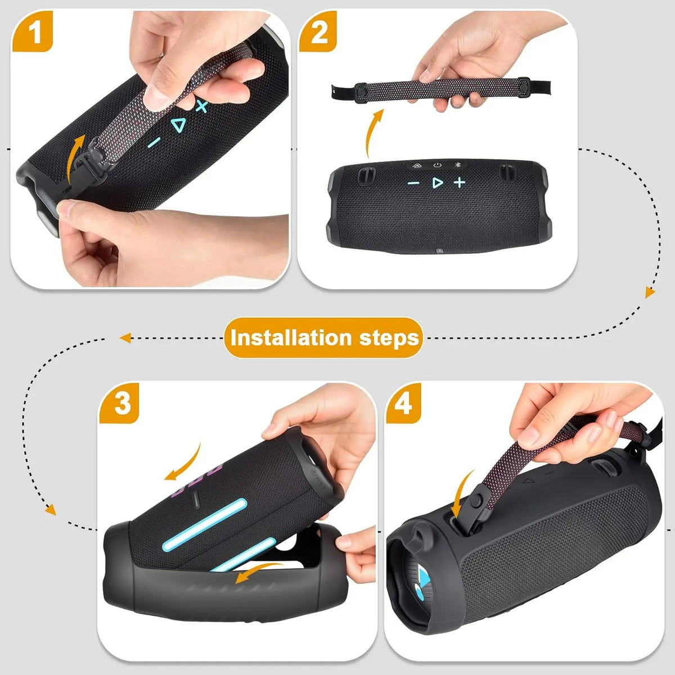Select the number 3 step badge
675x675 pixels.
tap(119, 403)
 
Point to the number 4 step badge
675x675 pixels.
tap(403, 403)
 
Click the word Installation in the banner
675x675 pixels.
tap(290, 338)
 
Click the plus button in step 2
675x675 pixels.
tap(459, 182)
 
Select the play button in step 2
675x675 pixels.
tap(437, 182)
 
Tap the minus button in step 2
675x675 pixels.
tap(413, 183)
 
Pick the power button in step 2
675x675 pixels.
tap(437, 165)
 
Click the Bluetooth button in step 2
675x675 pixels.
tap(457, 165)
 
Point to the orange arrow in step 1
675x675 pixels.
tap(75, 157)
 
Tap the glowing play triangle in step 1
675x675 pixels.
tap(178, 125)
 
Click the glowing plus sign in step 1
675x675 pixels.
tap(202, 106)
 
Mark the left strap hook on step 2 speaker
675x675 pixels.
tap(366, 175)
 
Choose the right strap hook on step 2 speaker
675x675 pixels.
tap(508, 173)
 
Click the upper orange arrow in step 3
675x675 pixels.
tap(183, 463)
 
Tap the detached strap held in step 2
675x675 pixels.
tap(441, 89)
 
